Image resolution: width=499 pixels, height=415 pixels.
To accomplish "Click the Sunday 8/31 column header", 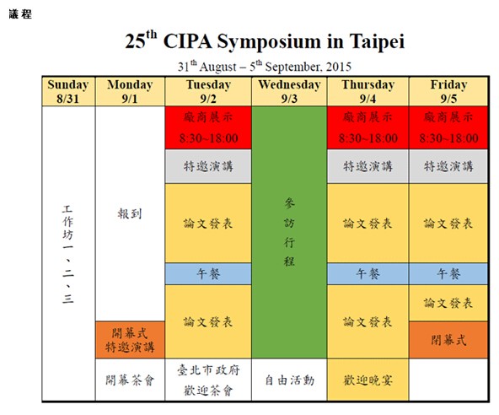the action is pyautogui.click(x=68, y=91).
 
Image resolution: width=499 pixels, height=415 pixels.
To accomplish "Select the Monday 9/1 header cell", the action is pyautogui.click(x=130, y=91).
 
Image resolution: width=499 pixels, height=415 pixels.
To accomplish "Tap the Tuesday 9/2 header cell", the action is pyautogui.click(x=208, y=91).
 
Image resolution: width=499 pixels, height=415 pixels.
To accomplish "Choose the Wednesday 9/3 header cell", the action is pyautogui.click(x=289, y=91).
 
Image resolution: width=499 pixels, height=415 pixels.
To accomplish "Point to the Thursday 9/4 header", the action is pyautogui.click(x=368, y=91).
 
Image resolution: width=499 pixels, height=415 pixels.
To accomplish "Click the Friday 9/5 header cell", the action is pyautogui.click(x=448, y=91).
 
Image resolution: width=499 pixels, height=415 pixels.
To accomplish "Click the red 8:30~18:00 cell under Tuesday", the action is pyautogui.click(x=208, y=127).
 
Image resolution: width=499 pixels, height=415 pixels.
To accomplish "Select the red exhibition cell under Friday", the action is pyautogui.click(x=448, y=127).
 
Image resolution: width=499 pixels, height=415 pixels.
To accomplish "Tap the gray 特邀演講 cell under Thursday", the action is pyautogui.click(x=368, y=166).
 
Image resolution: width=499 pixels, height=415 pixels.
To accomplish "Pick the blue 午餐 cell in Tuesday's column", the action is pyautogui.click(x=208, y=274).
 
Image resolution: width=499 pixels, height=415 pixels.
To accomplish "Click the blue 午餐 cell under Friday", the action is pyautogui.click(x=448, y=274).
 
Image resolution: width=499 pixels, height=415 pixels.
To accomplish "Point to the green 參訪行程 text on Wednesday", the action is pyautogui.click(x=289, y=232).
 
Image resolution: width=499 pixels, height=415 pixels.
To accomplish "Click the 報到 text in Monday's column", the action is pyautogui.click(x=130, y=213).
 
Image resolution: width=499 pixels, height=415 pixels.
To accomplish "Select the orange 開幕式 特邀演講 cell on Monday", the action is pyautogui.click(x=130, y=340).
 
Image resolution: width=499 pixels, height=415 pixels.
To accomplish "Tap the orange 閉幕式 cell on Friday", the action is pyautogui.click(x=448, y=340).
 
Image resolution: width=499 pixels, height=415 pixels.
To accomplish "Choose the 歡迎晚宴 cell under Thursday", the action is pyautogui.click(x=368, y=380).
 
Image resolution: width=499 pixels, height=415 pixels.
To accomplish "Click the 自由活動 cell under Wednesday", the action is pyautogui.click(x=289, y=380).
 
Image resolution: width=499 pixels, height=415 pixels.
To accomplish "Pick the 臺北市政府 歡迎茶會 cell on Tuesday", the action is pyautogui.click(x=208, y=380).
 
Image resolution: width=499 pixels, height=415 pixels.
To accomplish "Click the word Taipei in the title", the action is pyautogui.click(x=377, y=41).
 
